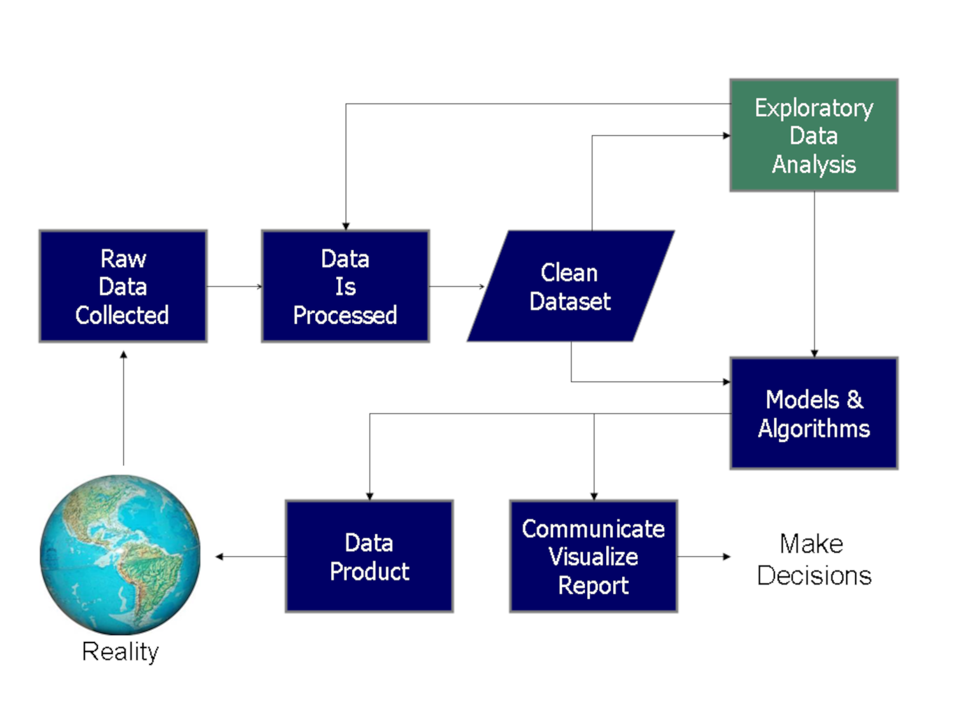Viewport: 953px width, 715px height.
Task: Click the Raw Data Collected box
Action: pos(123,286)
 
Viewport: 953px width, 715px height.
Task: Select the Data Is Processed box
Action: pos(345,286)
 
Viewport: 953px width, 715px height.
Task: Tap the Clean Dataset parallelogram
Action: pos(570,287)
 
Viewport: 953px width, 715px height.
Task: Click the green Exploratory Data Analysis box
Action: pos(814,135)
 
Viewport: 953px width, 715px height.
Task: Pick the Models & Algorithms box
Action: pos(814,413)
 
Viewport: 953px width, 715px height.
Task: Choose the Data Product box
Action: pos(369,556)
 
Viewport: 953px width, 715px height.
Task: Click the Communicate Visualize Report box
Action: pos(593,556)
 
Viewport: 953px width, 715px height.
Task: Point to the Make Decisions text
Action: pos(814,559)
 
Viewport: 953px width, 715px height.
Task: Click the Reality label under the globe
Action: pos(120,651)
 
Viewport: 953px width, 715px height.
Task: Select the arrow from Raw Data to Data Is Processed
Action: pos(234,287)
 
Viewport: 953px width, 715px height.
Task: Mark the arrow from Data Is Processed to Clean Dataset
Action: pos(456,287)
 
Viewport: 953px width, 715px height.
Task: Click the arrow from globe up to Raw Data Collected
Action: pos(123,407)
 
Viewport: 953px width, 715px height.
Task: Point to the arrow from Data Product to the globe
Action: pos(250,557)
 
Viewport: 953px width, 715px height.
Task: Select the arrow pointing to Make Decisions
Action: pos(704,557)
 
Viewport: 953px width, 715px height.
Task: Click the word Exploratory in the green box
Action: pos(814,108)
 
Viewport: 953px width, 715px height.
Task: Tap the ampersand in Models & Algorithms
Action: pos(855,399)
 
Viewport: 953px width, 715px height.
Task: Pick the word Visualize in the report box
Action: pos(593,557)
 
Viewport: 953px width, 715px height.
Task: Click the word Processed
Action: pos(345,315)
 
